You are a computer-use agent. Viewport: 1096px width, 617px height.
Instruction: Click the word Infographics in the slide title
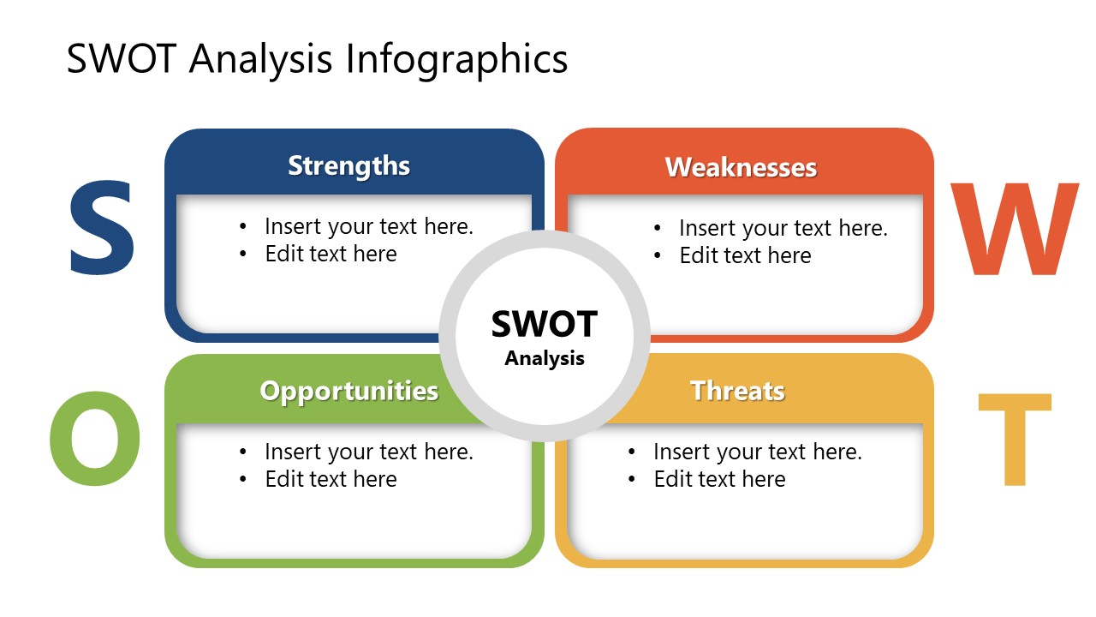(456, 60)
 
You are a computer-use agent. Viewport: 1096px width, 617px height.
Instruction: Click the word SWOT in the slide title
(122, 60)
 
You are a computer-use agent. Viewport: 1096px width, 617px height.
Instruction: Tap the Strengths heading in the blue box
(348, 165)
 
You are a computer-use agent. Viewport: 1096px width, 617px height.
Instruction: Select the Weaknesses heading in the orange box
(741, 167)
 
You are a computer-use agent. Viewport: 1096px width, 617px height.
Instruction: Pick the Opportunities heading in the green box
(348, 391)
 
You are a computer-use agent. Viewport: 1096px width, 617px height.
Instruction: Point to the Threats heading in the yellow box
(737, 391)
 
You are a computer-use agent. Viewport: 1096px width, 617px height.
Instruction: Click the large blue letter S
(101, 229)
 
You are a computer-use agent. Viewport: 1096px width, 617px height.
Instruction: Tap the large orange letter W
(1014, 231)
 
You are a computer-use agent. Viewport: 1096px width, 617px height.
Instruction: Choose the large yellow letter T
(1014, 440)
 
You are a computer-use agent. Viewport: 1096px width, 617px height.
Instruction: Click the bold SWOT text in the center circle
(544, 325)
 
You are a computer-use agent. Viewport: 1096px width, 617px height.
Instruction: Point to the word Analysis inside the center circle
(544, 358)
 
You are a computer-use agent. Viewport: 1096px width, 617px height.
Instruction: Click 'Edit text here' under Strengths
(331, 255)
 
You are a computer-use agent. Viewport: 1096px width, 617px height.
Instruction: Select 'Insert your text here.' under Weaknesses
(783, 229)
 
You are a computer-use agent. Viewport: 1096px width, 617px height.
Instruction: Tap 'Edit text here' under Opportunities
(331, 479)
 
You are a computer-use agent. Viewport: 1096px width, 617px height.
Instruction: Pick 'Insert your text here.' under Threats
(757, 452)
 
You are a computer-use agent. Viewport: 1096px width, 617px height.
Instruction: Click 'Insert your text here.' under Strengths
(368, 227)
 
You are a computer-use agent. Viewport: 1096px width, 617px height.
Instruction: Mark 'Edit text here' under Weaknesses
(745, 256)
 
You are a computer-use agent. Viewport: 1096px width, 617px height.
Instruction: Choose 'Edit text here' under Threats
(719, 479)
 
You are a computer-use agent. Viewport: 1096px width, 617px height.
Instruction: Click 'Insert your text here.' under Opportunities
(368, 452)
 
